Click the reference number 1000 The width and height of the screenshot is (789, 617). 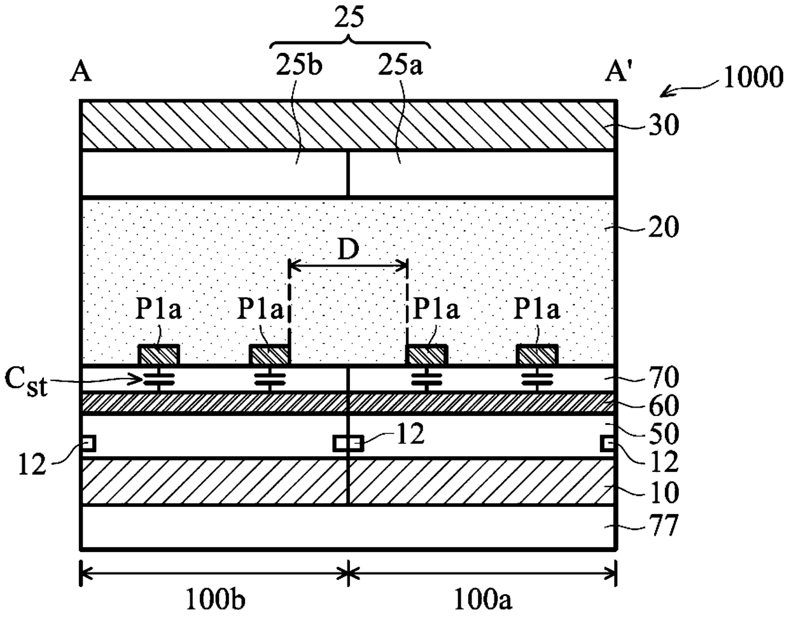click(x=753, y=78)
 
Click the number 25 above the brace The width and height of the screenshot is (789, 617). click(x=349, y=19)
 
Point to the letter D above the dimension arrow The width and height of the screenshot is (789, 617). click(x=348, y=250)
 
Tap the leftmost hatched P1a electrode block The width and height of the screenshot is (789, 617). click(x=158, y=354)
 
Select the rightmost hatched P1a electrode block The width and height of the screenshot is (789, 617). click(x=537, y=354)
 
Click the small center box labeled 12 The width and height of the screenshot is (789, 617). click(x=348, y=443)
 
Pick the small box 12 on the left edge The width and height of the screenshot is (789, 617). click(x=88, y=443)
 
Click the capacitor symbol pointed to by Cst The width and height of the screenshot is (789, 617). click(x=159, y=378)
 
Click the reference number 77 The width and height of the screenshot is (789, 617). click(x=664, y=525)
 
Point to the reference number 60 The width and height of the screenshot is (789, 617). click(x=664, y=405)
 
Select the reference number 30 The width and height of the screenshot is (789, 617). click(x=664, y=125)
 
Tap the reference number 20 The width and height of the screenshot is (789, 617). click(x=664, y=227)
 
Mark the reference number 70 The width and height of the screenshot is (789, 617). click(x=664, y=377)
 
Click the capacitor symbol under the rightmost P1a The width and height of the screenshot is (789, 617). click(x=538, y=378)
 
